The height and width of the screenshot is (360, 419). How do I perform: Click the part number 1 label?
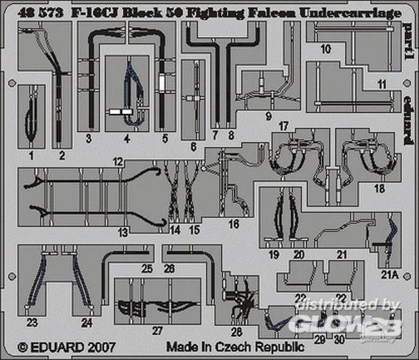(31, 137)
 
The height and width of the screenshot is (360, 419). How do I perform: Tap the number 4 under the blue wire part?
(126, 138)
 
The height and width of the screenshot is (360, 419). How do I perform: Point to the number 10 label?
(325, 50)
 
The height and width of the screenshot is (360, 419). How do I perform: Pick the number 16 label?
(233, 224)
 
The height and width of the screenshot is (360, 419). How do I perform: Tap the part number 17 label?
(282, 126)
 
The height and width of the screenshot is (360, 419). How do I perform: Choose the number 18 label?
(379, 189)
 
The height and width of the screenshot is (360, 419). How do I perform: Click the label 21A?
(388, 274)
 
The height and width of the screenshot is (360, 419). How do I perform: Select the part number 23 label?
(33, 322)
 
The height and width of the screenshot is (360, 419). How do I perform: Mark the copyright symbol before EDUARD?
(22, 346)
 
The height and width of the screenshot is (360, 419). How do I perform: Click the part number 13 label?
(124, 231)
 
